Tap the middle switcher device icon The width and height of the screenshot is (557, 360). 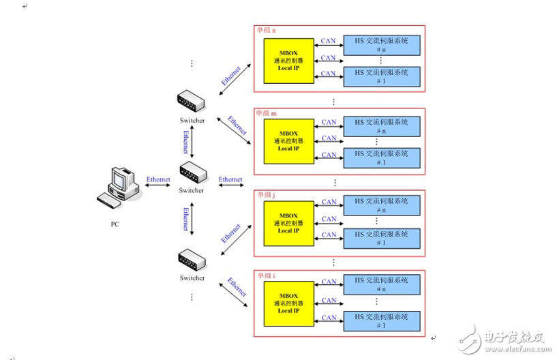[192, 171]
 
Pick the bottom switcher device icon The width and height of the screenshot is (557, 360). [192, 260]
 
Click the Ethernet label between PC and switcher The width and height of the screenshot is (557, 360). [158, 179]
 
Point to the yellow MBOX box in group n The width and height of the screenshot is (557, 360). [289, 60]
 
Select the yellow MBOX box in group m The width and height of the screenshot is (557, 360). [289, 140]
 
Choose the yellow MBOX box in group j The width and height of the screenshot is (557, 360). [289, 222]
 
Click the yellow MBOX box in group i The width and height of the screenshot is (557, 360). [289, 303]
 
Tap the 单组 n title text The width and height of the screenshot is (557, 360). [267, 31]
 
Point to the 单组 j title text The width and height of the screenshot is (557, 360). [267, 194]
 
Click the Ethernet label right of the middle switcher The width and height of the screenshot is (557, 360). [230, 179]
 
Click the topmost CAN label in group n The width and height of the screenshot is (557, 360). [329, 41]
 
